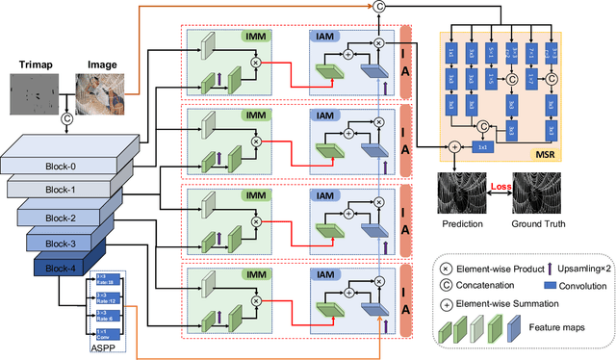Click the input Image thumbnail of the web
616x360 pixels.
(x=101, y=95)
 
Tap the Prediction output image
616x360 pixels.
(x=460, y=195)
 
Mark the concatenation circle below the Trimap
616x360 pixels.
(x=67, y=119)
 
